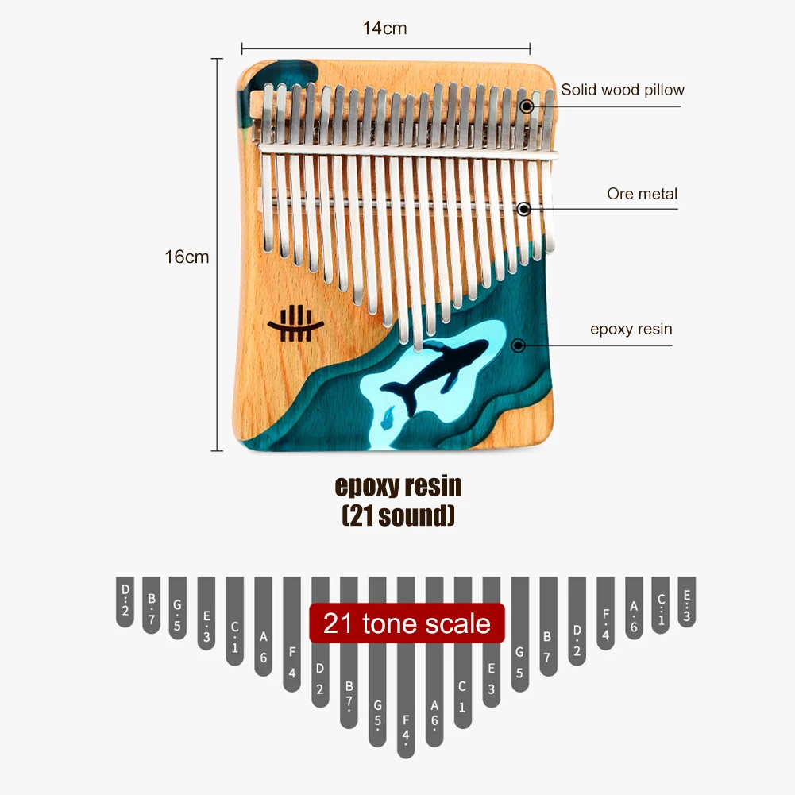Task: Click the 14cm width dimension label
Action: pos(384,29)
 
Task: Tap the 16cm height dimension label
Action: pos(187,257)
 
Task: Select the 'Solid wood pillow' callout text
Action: pos(622,90)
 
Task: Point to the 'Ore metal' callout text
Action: pos(642,193)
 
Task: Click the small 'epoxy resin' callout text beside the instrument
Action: pos(631,329)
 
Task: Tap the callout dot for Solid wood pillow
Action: pos(525,105)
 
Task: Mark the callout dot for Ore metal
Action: pos(523,209)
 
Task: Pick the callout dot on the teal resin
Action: pos(519,345)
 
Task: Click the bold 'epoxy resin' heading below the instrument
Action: pos(398,485)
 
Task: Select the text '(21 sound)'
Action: pos(398,516)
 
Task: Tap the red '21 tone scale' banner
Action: pos(407,623)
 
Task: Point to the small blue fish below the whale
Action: pos(388,415)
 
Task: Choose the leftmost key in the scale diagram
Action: pos(125,601)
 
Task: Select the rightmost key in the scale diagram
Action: pos(687,601)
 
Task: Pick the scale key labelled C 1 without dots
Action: pos(462,683)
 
